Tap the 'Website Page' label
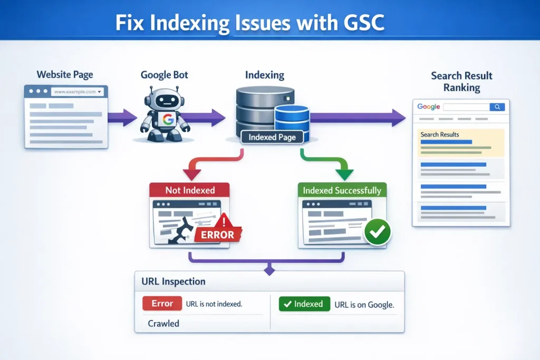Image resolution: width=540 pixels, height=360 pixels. [x=65, y=74]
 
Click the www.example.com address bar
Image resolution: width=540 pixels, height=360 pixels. [x=78, y=92]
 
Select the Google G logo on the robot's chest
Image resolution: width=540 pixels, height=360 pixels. [x=168, y=120]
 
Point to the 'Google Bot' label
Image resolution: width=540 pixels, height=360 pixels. [x=164, y=74]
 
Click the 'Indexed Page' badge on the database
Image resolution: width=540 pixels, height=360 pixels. [x=272, y=138]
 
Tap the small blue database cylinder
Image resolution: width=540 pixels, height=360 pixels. [x=292, y=119]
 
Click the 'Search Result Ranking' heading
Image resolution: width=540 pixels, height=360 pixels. [x=461, y=82]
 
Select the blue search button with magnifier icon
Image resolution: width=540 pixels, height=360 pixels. [x=497, y=107]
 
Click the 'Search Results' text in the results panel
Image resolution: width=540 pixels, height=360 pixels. [x=439, y=134]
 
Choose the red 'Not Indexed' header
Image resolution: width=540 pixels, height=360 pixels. [x=190, y=190]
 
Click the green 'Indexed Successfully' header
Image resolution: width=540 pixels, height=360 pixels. [x=342, y=190]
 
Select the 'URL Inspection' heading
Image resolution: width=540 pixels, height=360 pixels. [x=173, y=281]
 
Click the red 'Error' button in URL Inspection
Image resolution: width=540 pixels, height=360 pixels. [x=162, y=304]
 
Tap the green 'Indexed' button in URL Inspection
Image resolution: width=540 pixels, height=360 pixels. [x=304, y=304]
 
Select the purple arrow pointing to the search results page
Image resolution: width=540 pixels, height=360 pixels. [x=359, y=118]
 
